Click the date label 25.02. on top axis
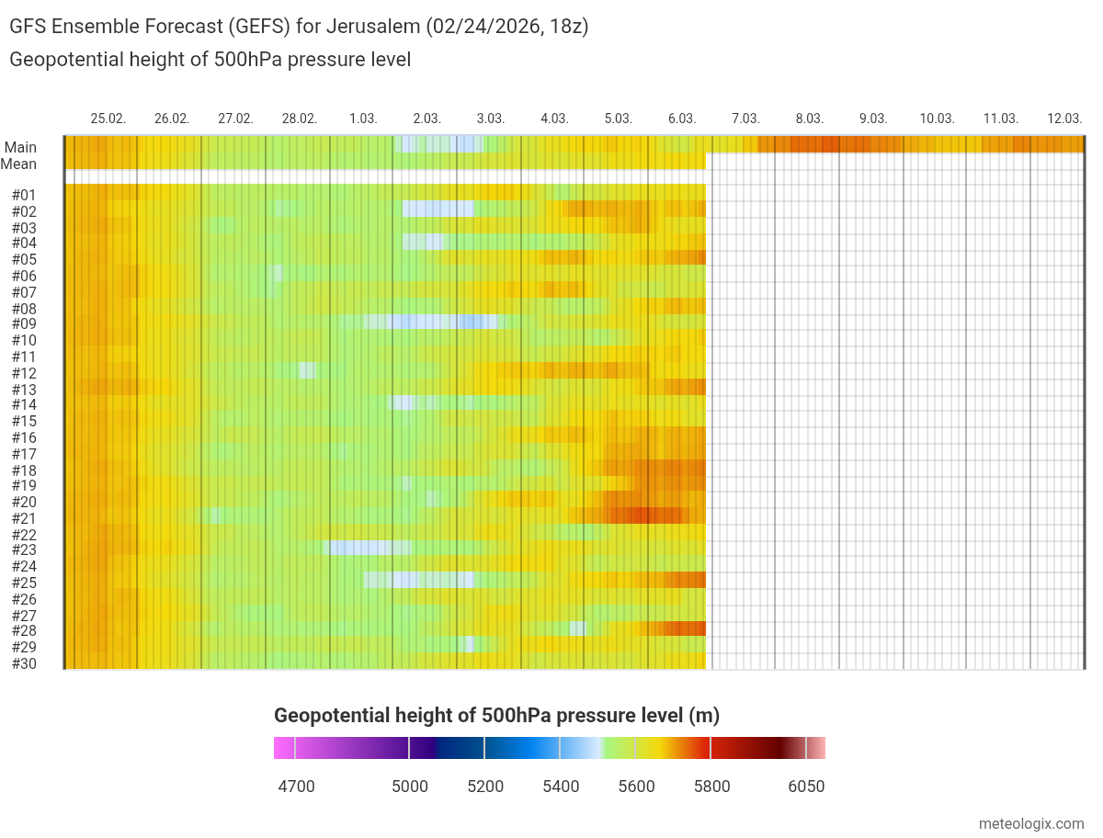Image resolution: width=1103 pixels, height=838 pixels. click(108, 119)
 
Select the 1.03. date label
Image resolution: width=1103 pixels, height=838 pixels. click(363, 119)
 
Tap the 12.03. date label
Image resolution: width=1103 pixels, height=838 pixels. click(1064, 119)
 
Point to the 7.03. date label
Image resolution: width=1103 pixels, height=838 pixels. click(745, 119)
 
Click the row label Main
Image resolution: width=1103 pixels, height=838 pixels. click(20, 147)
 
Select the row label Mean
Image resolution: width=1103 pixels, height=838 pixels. click(19, 164)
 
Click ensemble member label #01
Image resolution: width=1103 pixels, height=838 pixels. click(24, 195)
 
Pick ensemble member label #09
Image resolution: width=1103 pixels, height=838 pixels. click(24, 323)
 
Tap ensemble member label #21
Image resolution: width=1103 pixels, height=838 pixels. click(24, 518)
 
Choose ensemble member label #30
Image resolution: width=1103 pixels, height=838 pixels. click(24, 663)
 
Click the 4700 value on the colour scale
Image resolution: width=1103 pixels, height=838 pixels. click(296, 787)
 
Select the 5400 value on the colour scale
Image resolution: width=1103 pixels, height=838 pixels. click(561, 787)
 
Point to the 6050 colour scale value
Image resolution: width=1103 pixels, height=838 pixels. click(807, 787)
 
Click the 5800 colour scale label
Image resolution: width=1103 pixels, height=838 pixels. click(711, 787)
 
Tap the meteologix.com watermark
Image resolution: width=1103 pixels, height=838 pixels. click(1032, 824)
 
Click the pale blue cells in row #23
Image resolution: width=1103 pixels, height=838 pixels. click(368, 548)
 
